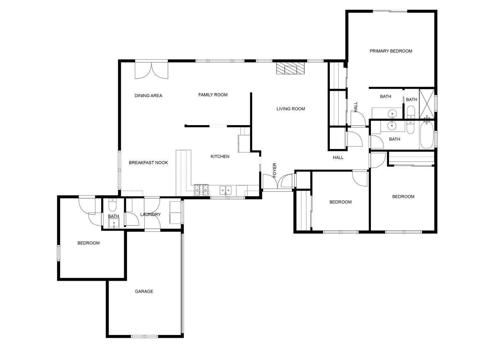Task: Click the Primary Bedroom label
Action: tap(391, 51)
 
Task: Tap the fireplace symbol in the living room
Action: tap(291, 68)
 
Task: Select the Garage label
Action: tap(144, 291)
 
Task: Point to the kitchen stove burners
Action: tap(201, 190)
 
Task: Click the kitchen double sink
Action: tap(226, 190)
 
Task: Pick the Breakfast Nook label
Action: tap(148, 163)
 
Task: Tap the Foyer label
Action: tap(275, 170)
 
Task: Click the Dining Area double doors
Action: tap(151, 70)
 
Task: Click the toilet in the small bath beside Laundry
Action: tap(112, 204)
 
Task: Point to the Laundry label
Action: tap(150, 214)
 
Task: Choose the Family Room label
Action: tap(213, 95)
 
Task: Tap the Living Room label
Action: tap(291, 109)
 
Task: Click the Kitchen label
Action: tap(220, 156)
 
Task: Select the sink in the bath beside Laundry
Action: tap(114, 223)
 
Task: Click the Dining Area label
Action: tap(148, 96)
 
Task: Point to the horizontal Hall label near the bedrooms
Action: tap(338, 157)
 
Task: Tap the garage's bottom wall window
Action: tap(145, 336)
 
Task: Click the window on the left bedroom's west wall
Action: tap(59, 253)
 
